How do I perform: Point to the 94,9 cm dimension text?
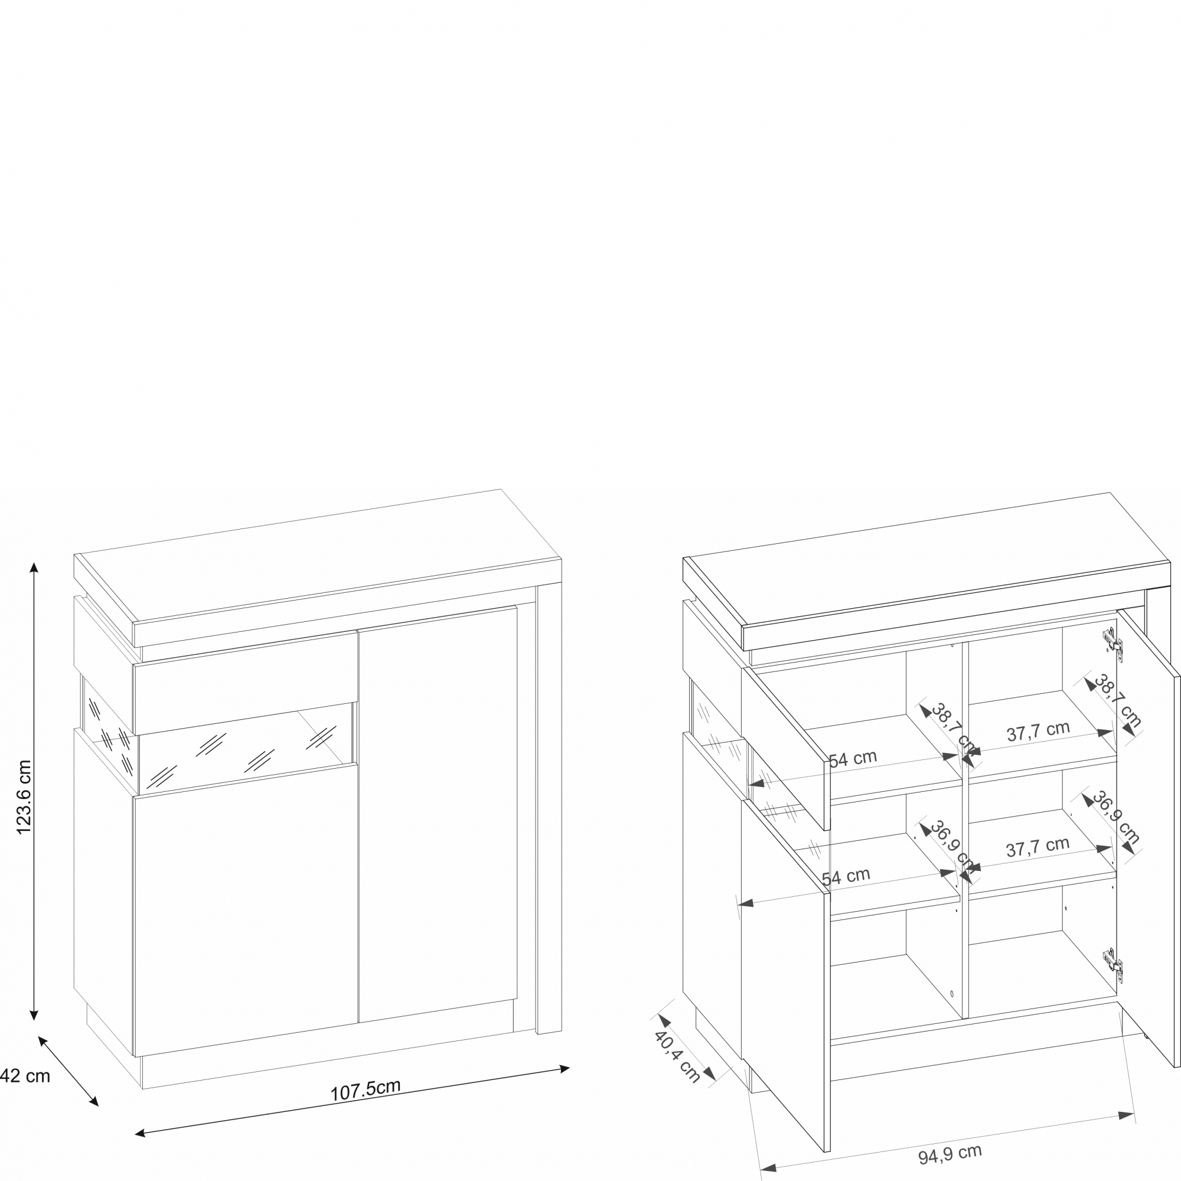pos(950,1153)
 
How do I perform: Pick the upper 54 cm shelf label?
pos(853,759)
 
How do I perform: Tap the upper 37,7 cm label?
pos(1038,731)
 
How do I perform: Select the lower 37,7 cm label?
pos(1038,847)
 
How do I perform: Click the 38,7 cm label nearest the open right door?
pos(1117,701)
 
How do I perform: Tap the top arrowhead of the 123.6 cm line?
pos(34,567)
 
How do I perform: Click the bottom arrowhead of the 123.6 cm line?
pos(34,1015)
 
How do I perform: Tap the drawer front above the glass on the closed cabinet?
pos(244,683)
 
